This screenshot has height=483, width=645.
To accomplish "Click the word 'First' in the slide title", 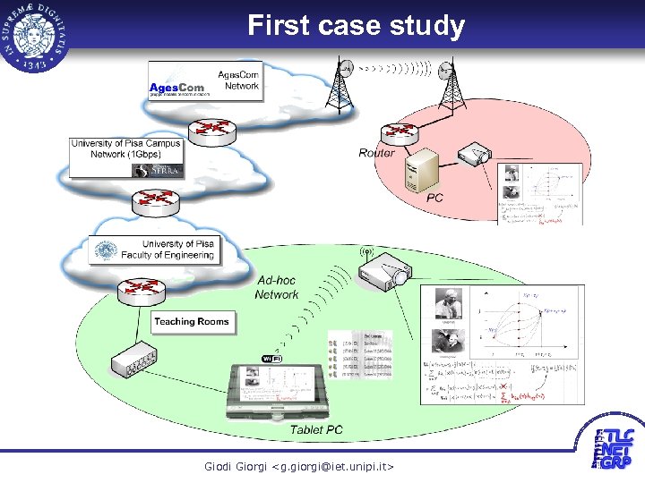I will (x=278, y=25).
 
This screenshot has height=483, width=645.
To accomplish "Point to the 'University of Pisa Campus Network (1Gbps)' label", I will (x=126, y=148).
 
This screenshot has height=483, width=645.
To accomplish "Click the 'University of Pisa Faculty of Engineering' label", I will (x=177, y=249).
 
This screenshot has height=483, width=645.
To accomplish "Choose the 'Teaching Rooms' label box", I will (x=191, y=322).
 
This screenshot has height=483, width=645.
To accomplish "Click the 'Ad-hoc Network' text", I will (x=276, y=287).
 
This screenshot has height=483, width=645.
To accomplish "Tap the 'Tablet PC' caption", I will (x=315, y=430).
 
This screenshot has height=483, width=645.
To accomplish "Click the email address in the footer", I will (x=299, y=467).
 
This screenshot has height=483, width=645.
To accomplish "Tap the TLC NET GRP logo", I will (x=614, y=450).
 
